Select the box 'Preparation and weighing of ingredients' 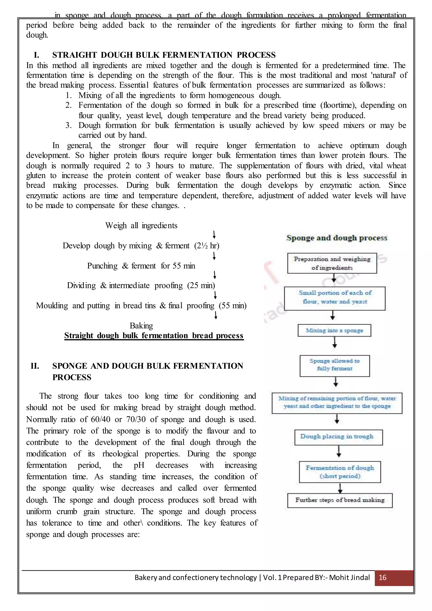332,263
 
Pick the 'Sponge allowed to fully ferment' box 334,366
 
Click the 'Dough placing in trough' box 338,437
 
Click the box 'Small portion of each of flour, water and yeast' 335,298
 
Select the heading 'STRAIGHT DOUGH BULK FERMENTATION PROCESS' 164,55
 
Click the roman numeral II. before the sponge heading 35,366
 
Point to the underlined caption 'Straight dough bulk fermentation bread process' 154,336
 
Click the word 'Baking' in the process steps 141,326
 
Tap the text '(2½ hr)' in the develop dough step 207,245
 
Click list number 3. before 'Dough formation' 69,125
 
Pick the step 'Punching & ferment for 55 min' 141,266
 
